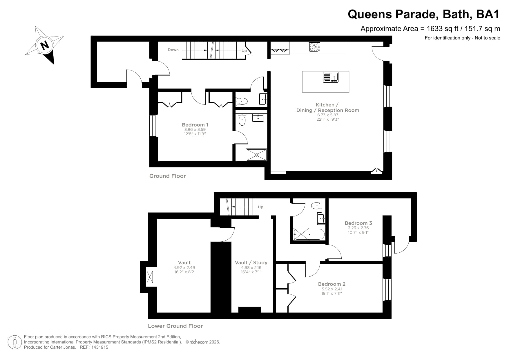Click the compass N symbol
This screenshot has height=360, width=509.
click(44, 45)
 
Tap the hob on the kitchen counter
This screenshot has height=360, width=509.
click(314, 47)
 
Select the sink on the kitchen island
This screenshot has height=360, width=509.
click(331, 77)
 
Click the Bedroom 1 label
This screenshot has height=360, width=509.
click(195, 125)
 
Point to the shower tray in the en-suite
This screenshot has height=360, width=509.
click(256, 155)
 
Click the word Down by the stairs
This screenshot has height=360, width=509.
click(173, 50)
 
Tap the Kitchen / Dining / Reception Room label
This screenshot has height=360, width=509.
click(327, 107)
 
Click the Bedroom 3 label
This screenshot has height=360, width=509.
click(358, 223)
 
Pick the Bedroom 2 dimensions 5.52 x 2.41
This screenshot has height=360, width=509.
click(332, 289)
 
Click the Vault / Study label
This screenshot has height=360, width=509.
click(251, 263)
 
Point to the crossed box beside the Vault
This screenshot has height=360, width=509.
click(150, 277)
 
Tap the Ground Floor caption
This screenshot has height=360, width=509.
click(167, 176)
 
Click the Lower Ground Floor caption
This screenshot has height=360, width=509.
click(175, 326)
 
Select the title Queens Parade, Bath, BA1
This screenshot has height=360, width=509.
click(424, 14)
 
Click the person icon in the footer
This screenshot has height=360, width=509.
click(15, 342)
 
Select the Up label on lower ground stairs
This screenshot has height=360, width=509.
click(260, 207)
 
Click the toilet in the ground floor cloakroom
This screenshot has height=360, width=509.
click(242, 101)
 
